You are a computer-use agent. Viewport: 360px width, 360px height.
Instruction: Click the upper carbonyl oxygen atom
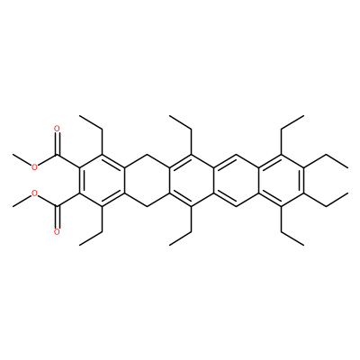(x=57, y=129)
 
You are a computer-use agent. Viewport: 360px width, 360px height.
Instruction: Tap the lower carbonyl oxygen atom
(x=57, y=231)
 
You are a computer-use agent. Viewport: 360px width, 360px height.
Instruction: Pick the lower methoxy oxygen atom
(x=34, y=193)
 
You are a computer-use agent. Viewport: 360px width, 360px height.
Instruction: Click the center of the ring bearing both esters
(x=102, y=180)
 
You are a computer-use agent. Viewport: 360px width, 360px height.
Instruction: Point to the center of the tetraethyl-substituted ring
(x=281, y=180)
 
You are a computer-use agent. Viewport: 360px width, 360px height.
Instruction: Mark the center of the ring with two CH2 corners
(x=147, y=180)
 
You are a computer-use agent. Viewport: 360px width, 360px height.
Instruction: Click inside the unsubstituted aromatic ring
(x=237, y=180)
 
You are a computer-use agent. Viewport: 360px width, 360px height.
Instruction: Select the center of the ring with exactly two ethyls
(x=192, y=180)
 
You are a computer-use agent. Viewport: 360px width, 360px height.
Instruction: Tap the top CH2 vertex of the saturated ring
(x=147, y=155)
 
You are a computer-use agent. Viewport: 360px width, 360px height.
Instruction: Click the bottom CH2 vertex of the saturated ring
(x=147, y=206)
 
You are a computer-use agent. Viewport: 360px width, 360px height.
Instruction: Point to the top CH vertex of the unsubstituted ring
(x=237, y=155)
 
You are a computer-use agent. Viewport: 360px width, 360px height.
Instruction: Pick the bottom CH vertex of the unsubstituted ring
(x=237, y=206)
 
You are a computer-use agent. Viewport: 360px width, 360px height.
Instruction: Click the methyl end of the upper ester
(x=13, y=155)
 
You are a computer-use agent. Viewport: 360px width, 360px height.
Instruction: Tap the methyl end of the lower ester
(x=13, y=206)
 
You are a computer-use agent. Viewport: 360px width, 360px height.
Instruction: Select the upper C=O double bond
(x=57, y=144)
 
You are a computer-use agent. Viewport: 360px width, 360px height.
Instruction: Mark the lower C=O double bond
(x=57, y=217)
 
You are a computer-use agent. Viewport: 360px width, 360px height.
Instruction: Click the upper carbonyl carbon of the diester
(x=57, y=155)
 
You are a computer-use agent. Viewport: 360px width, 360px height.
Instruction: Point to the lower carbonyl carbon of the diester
(x=57, y=206)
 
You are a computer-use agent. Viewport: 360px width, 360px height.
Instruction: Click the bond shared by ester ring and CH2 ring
(x=124, y=180)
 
